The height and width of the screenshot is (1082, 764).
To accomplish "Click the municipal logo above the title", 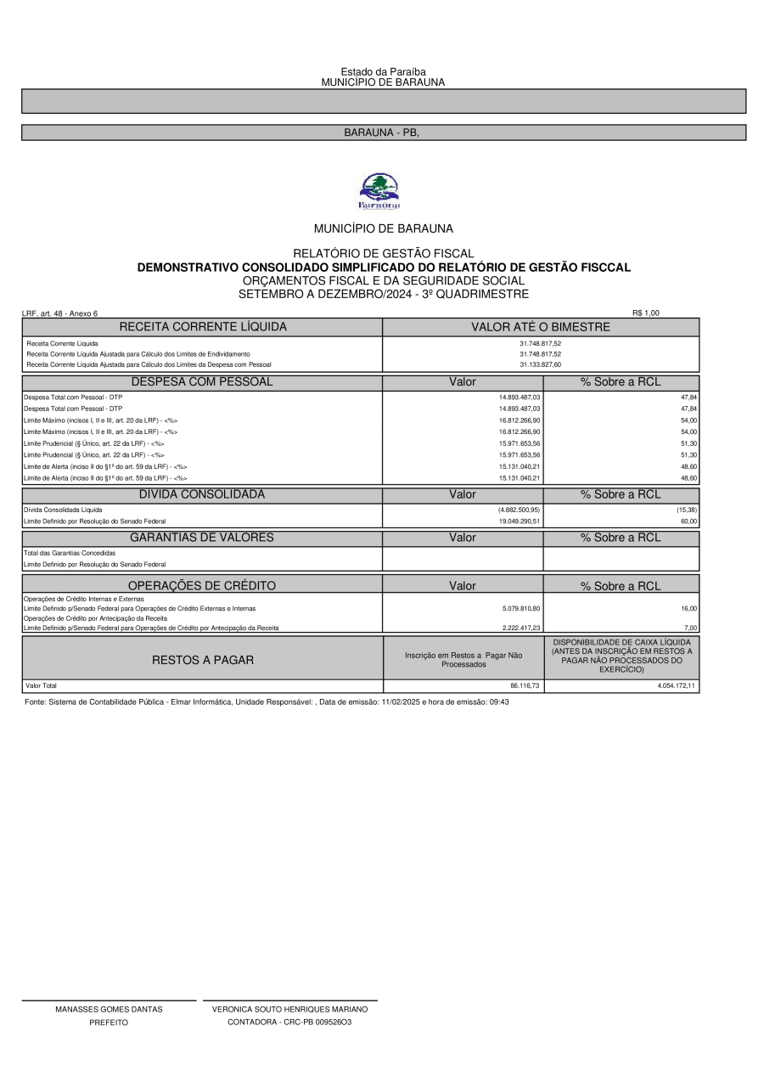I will [379, 191].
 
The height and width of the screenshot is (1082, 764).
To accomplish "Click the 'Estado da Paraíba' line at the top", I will [383, 72].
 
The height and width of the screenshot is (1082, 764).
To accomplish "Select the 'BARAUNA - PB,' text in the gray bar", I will [382, 133].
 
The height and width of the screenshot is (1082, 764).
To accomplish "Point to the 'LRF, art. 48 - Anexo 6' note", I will [59, 313].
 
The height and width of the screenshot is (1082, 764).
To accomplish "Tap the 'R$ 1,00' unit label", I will [645, 313].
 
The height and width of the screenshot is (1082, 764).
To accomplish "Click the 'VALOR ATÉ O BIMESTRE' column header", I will [541, 327].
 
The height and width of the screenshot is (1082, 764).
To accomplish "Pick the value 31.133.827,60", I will [541, 364].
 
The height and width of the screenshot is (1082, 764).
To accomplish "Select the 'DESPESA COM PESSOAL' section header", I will [202, 382].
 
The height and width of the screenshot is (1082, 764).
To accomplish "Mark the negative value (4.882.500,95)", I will [519, 510].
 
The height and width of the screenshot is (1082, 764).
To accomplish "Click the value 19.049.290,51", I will [520, 521].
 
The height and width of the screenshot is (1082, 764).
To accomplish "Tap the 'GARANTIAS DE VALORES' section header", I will [202, 538].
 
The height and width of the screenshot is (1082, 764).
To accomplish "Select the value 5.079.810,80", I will [520, 608].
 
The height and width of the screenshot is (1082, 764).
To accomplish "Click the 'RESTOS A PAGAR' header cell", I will [202, 660].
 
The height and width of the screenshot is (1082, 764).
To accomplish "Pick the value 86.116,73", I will [525, 685].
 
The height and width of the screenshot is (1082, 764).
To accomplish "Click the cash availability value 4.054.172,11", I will [677, 685].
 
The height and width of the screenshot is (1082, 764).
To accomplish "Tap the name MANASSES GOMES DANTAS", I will [109, 1010].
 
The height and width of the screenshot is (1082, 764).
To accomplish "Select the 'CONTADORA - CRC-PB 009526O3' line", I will [289, 1023].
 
